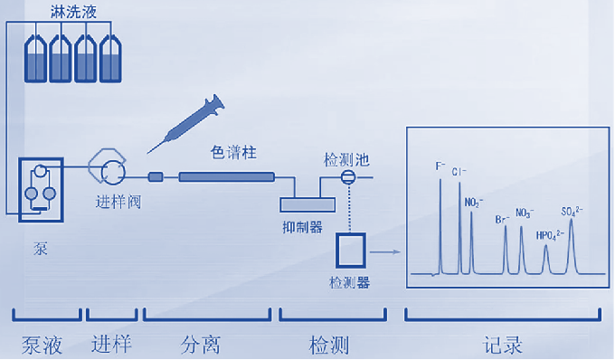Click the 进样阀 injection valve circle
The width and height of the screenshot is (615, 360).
tap(112, 171)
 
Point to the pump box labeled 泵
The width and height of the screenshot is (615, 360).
tap(42, 185)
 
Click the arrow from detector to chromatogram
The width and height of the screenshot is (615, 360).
tap(385, 254)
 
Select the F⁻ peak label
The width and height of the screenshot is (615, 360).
tap(440, 166)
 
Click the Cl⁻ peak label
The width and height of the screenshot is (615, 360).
tap(460, 171)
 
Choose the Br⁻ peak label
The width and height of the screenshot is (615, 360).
tap(502, 218)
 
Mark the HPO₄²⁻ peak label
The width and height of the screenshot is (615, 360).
tap(550, 235)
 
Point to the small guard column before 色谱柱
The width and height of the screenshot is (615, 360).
tap(156, 177)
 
